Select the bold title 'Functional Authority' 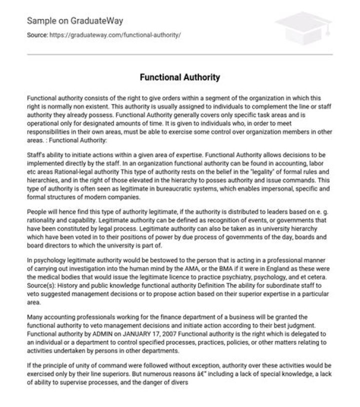[179, 78]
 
